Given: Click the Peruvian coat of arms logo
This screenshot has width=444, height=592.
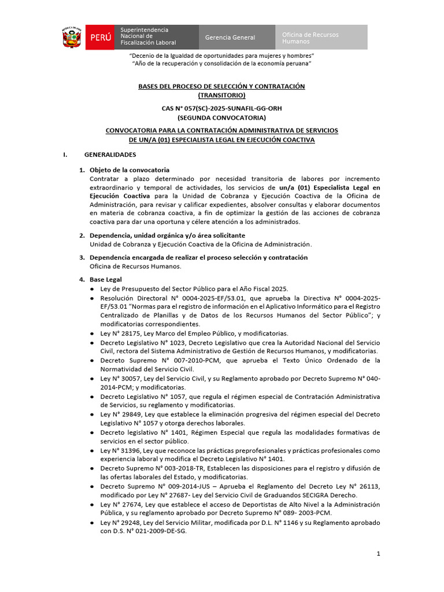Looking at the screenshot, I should pos(73,37).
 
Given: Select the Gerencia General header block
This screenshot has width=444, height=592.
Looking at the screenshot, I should pos(230,38).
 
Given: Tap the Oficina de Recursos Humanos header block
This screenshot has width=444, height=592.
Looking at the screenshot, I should pos(320,38).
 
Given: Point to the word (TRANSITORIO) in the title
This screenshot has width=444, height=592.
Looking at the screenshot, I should pos(221,95).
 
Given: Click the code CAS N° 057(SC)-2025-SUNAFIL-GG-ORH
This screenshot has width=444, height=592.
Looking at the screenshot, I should pos(221,108).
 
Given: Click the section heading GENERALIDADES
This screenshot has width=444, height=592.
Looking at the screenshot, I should pos(110,155).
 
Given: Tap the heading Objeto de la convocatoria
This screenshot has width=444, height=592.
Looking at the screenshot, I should pos(129,170).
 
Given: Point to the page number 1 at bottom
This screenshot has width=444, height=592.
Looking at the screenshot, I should pos(378,554).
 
